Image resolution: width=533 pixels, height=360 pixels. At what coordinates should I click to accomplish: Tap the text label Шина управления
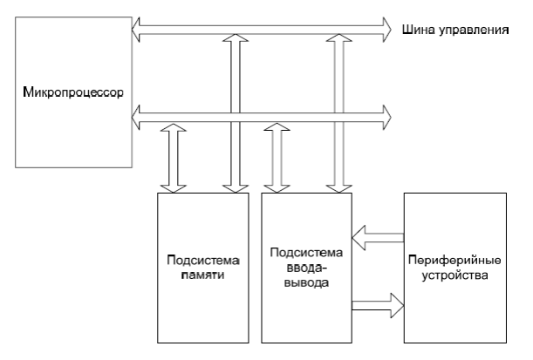(x=454, y=30)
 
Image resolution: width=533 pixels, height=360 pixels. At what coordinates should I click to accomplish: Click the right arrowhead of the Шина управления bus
(x=384, y=30)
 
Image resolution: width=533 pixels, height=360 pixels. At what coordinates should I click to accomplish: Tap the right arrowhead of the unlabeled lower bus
(x=384, y=112)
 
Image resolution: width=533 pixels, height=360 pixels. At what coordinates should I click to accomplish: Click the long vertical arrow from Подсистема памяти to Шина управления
(x=232, y=113)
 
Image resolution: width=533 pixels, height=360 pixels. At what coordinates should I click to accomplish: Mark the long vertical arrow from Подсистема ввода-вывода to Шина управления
(x=338, y=113)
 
